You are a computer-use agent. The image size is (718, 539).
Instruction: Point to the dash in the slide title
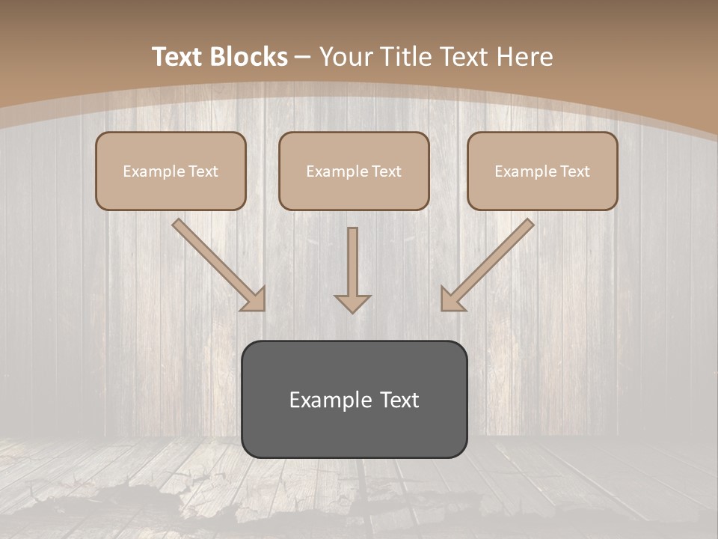tap(303, 57)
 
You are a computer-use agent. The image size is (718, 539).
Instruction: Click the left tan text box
tap(171, 171)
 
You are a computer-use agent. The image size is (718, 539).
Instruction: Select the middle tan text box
tap(354, 171)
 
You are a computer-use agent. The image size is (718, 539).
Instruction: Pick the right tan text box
tap(542, 171)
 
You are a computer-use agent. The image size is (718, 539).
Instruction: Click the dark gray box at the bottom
tap(354, 399)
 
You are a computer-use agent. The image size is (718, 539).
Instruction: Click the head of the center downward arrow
tap(352, 303)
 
